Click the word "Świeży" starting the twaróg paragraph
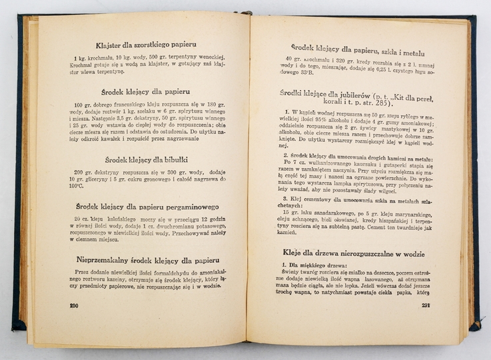(x=296, y=276)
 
